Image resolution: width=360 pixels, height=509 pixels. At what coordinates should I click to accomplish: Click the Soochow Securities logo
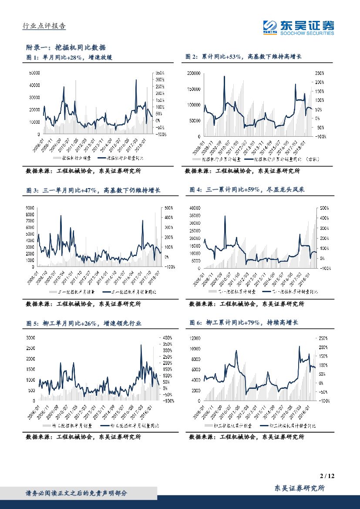pyautogui.click(x=298, y=27)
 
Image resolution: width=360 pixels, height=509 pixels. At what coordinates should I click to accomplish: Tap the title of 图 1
pyautogui.click(x=69, y=57)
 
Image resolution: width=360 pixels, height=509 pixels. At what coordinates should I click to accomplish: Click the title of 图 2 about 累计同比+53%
pyautogui.click(x=243, y=57)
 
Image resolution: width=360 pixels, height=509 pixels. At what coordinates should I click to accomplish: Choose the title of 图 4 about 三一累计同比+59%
pyautogui.click(x=249, y=190)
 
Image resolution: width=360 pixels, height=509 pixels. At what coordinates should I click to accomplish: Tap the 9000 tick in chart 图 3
pyautogui.click(x=31, y=208)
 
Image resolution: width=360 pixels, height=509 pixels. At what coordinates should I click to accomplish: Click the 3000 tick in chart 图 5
pyautogui.click(x=31, y=337)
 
